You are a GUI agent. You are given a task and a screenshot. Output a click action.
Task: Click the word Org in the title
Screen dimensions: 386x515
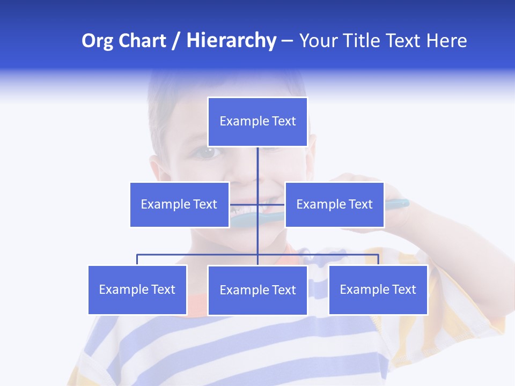pyautogui.click(x=97, y=41)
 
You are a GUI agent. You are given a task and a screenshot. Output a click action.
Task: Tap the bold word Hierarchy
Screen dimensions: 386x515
pyautogui.click(x=231, y=41)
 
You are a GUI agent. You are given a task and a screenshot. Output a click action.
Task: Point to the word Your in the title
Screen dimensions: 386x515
pyautogui.click(x=317, y=41)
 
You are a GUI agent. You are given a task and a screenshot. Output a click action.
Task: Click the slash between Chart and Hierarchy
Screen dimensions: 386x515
pyautogui.click(x=176, y=41)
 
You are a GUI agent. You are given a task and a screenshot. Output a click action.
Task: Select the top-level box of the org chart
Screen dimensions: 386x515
pyautogui.click(x=257, y=122)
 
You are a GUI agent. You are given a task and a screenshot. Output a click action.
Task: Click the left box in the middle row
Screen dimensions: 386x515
pyautogui.click(x=179, y=204)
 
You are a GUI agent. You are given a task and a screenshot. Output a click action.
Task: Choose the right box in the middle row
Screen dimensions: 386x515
pyautogui.click(x=334, y=204)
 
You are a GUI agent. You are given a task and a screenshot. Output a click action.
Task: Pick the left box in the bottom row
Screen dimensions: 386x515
pyautogui.click(x=137, y=289)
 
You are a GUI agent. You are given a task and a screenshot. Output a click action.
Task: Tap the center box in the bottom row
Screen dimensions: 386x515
pyautogui.click(x=257, y=290)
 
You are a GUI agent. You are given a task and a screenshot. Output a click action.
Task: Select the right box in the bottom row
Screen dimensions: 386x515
pyautogui.click(x=378, y=289)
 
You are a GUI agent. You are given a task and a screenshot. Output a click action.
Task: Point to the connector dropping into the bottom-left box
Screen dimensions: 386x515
pyautogui.click(x=137, y=259)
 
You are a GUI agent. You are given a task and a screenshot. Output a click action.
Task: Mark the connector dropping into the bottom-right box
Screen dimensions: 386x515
pyautogui.click(x=378, y=259)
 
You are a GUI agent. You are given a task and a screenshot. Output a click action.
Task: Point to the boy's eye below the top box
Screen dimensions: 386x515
pyautogui.click(x=207, y=153)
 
